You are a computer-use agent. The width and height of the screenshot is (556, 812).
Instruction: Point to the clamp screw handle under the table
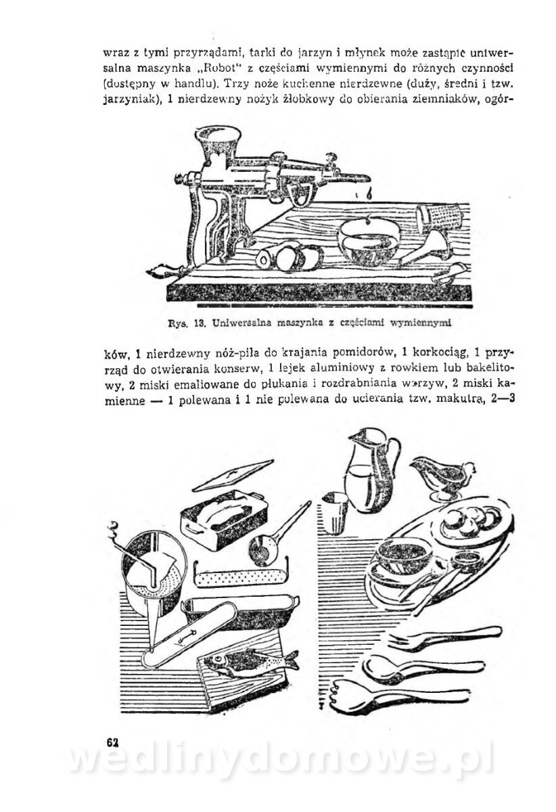[162, 274]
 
